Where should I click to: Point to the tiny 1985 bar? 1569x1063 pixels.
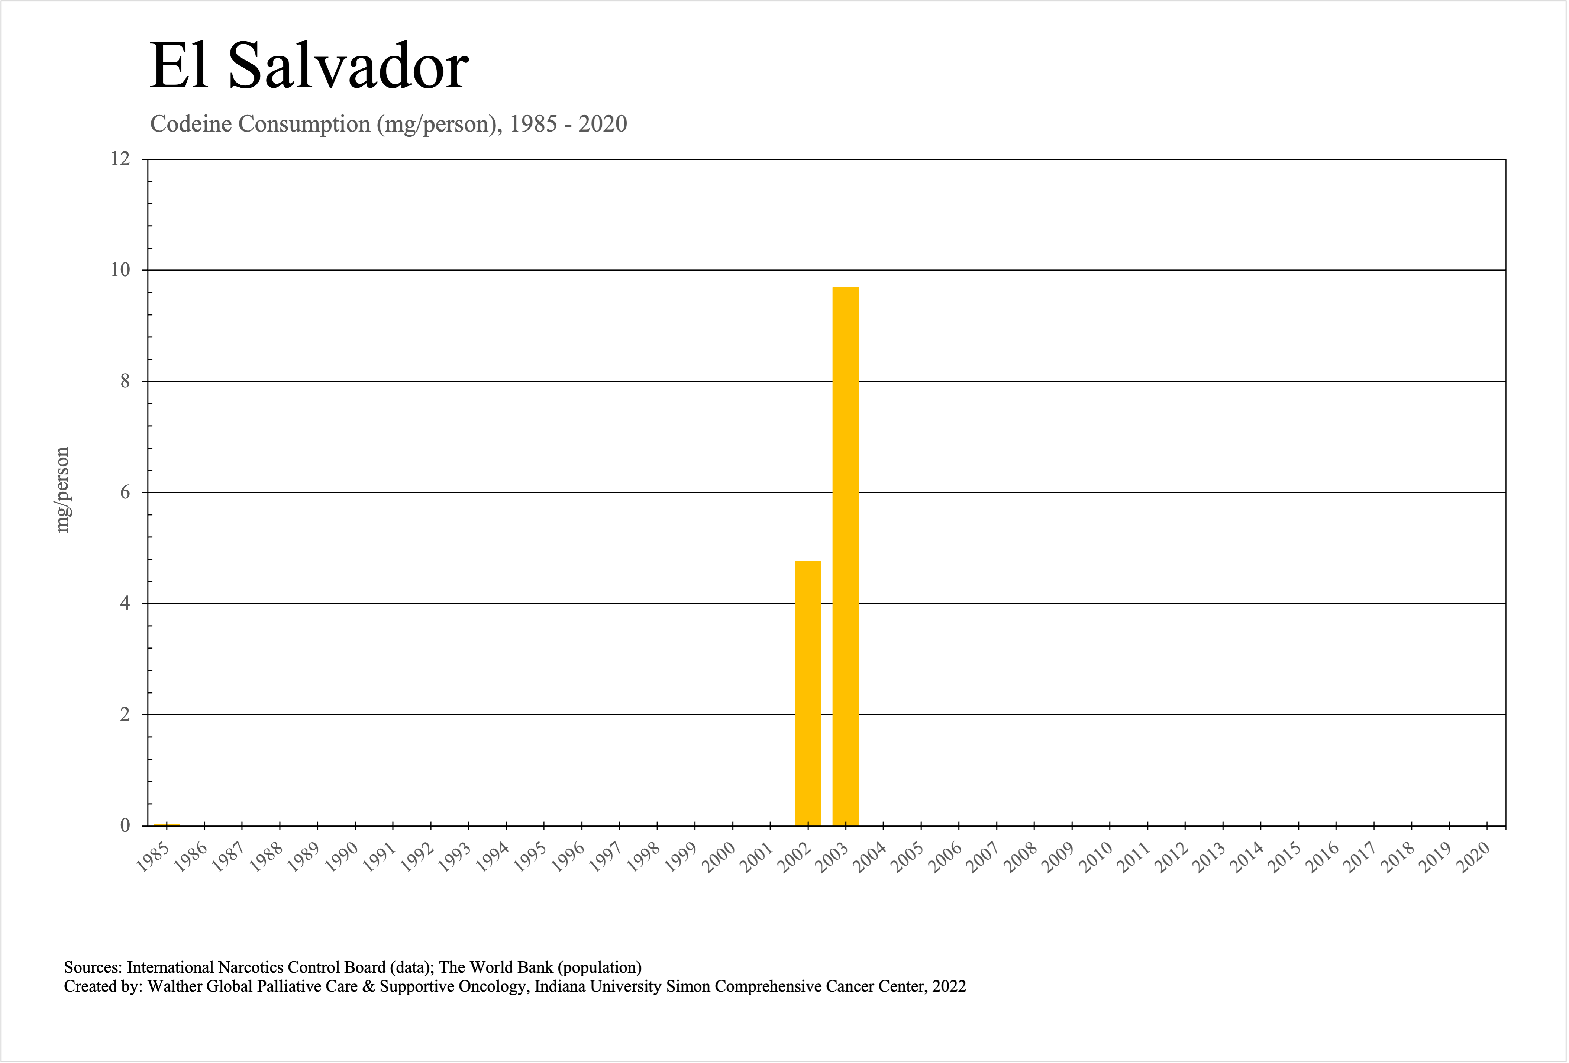pyautogui.click(x=166, y=824)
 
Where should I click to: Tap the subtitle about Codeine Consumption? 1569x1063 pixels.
pyautogui.click(x=388, y=124)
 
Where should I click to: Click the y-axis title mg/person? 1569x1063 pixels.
pyautogui.click(x=62, y=490)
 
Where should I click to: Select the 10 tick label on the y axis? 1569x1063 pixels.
pyautogui.click(x=120, y=270)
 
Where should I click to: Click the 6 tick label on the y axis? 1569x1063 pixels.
pyautogui.click(x=125, y=492)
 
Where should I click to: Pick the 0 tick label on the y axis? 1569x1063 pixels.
pyautogui.click(x=125, y=825)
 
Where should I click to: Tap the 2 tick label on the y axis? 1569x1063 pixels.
pyautogui.click(x=125, y=714)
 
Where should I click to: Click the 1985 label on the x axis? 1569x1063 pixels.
pyautogui.click(x=152, y=858)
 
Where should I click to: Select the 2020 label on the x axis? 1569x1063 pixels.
pyautogui.click(x=1474, y=858)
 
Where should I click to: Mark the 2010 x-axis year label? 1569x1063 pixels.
pyautogui.click(x=1097, y=858)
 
